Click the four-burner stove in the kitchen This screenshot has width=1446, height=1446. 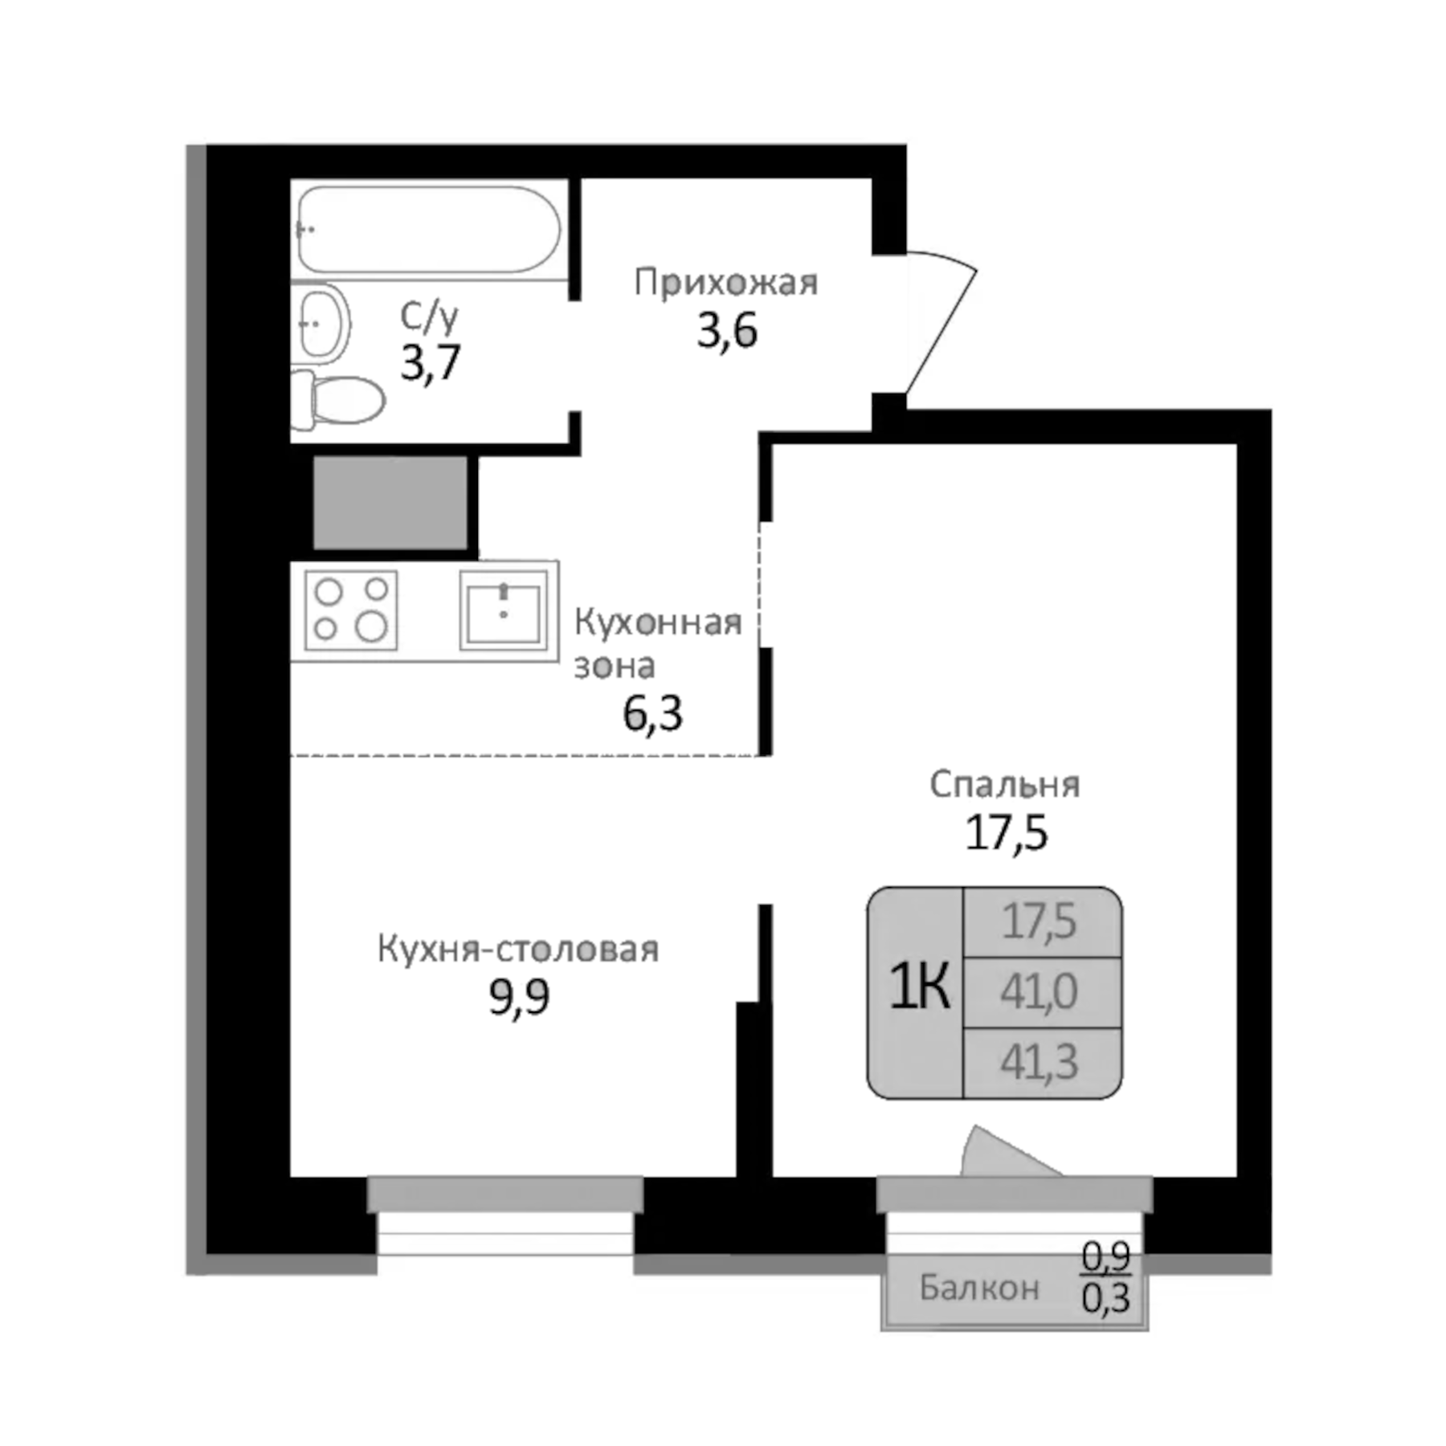pyautogui.click(x=350, y=610)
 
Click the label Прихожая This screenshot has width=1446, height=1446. pyautogui.click(x=725, y=283)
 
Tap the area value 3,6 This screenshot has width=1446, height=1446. pyautogui.click(x=727, y=331)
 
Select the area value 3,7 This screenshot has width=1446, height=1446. pyautogui.click(x=431, y=362)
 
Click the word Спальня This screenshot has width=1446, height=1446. pyautogui.click(x=1004, y=785)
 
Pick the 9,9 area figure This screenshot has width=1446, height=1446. pyautogui.click(x=519, y=998)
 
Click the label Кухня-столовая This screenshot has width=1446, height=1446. pyautogui.click(x=518, y=950)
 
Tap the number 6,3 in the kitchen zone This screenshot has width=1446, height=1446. pyautogui.click(x=652, y=713)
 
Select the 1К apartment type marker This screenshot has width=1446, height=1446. pyautogui.click(x=918, y=986)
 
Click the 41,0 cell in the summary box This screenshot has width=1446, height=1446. pyautogui.click(x=1039, y=992)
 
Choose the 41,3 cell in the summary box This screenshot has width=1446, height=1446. pyautogui.click(x=1039, y=1062)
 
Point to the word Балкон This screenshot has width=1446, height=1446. pyautogui.click(x=978, y=1288)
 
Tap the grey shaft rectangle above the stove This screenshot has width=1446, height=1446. pyautogui.click(x=390, y=503)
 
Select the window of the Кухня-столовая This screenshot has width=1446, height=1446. pyautogui.click(x=505, y=1215)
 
